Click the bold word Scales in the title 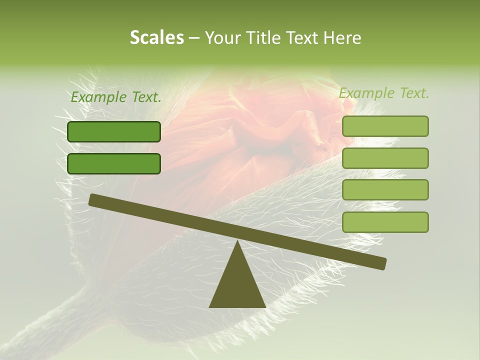pyautogui.click(x=156, y=37)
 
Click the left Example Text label pyautogui.click(x=116, y=97)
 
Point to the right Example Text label pyautogui.click(x=384, y=93)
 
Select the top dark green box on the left pyautogui.click(x=114, y=131)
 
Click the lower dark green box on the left pyautogui.click(x=114, y=163)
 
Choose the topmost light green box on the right pyautogui.click(x=385, y=126)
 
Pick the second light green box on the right pyautogui.click(x=385, y=158)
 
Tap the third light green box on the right pyautogui.click(x=385, y=190)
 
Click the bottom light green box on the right pyautogui.click(x=385, y=222)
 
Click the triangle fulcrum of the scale pyautogui.click(x=237, y=285)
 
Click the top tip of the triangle pyautogui.click(x=237, y=242)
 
